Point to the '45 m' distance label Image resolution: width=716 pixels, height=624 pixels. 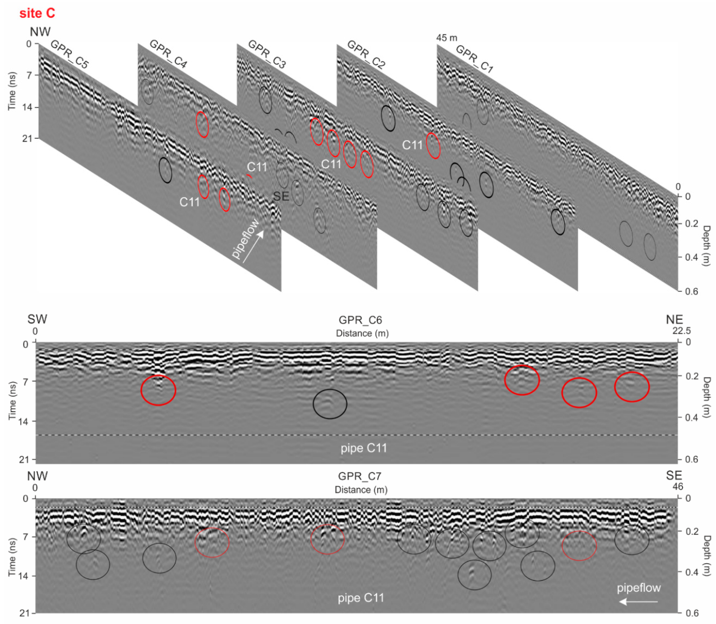[446, 38]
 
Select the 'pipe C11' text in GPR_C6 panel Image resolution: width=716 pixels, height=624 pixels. [363, 448]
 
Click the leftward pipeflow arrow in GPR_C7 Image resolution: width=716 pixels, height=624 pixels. [638, 601]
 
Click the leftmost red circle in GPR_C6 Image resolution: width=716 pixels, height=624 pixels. [158, 390]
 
